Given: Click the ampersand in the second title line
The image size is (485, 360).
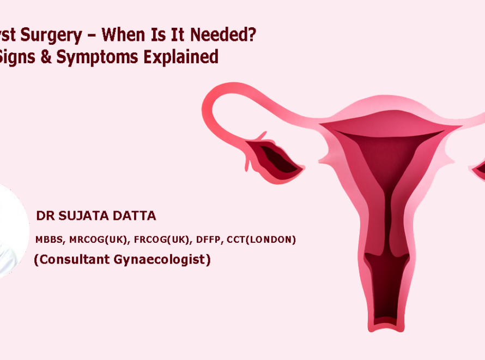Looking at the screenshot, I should coord(46,57).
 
